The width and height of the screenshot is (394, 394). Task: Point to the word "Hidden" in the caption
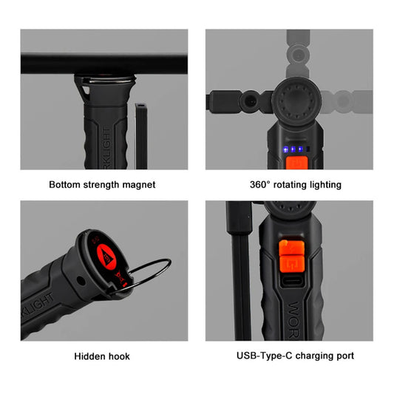click(x=90, y=356)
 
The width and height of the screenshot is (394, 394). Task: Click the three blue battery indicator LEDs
click(x=293, y=149)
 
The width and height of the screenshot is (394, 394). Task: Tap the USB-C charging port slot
click(x=288, y=282)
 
